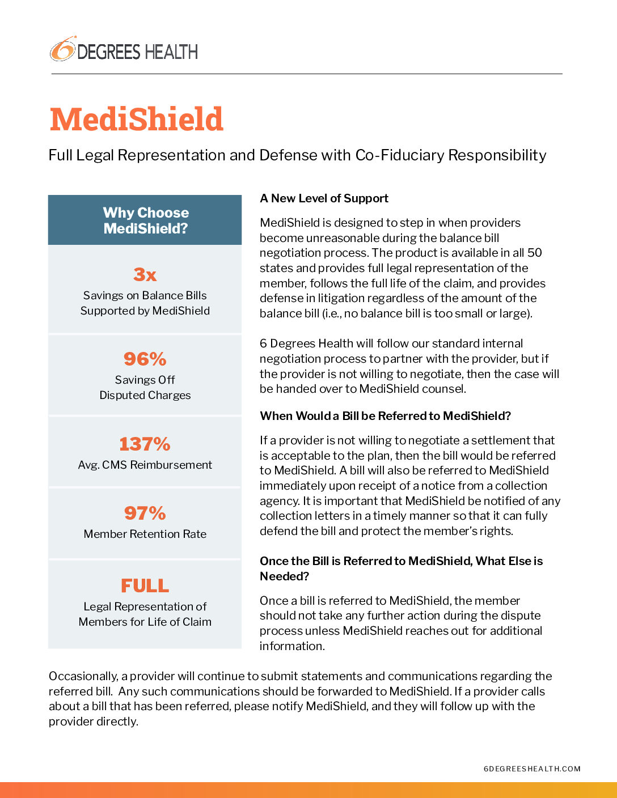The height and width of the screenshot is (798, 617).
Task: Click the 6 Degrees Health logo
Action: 124,50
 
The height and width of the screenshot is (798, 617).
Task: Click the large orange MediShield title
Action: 137,120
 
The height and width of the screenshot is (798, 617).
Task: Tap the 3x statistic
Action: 145,275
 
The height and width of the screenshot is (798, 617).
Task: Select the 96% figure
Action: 145,359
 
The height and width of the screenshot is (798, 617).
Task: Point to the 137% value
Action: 145,444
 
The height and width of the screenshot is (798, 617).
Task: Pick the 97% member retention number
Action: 145,513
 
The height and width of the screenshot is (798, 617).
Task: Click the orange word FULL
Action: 145,585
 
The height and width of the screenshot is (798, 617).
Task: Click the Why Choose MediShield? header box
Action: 145,220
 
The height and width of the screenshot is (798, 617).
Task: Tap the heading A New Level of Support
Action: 324,198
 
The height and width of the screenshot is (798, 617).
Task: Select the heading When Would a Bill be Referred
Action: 385,416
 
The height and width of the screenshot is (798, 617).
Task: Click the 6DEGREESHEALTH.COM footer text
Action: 532,769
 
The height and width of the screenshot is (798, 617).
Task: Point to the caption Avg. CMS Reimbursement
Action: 145,465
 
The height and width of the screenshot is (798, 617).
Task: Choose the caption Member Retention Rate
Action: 145,534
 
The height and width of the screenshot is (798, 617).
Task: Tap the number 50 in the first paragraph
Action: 534,253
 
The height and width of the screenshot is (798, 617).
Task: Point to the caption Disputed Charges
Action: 145,395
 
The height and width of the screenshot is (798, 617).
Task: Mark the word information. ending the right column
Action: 292,646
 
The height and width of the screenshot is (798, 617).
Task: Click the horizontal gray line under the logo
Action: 307,74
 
